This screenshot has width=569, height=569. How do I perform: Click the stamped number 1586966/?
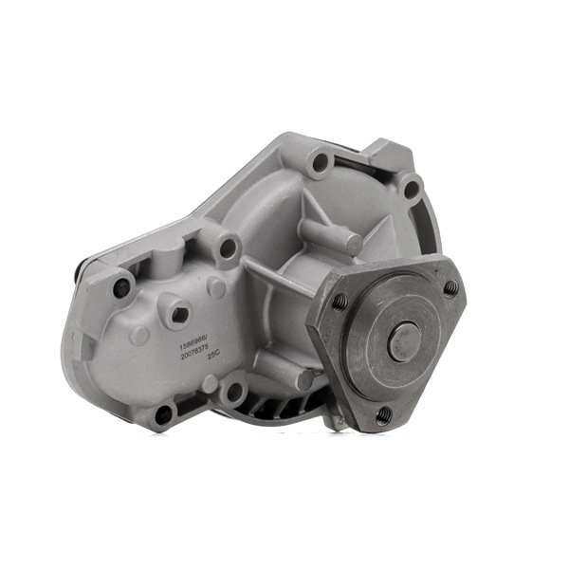[194, 337]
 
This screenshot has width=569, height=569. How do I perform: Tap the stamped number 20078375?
[199, 353]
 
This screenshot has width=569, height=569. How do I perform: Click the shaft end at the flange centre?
[404, 340]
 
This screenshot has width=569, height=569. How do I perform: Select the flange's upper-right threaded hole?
[450, 285]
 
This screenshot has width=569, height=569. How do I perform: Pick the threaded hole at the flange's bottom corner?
[382, 414]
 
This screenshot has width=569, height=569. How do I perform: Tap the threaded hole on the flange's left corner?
[339, 302]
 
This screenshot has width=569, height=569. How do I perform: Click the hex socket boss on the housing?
[177, 313]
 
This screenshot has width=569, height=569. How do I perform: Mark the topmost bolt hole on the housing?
[321, 162]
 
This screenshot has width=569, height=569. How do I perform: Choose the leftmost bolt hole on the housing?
[121, 287]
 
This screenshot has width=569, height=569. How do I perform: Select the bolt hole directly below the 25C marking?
[233, 389]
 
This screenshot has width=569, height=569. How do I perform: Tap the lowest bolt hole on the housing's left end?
[163, 413]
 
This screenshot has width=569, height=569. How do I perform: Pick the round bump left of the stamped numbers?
[140, 335]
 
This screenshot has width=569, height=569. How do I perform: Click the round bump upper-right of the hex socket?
[217, 288]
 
